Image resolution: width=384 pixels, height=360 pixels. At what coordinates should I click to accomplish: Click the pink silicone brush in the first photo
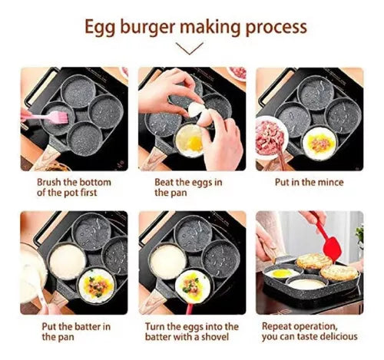tap(43, 116)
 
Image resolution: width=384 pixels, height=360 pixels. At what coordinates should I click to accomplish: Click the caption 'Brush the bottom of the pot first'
tap(74, 187)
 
